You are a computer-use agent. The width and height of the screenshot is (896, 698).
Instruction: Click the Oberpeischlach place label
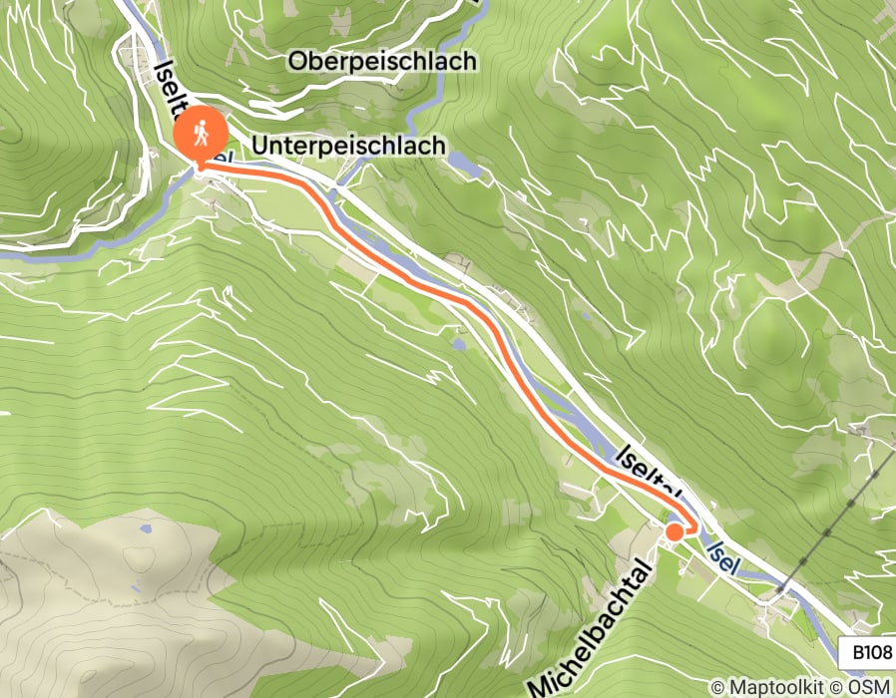tap(382, 62)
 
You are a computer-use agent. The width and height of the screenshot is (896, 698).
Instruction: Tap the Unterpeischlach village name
tap(349, 146)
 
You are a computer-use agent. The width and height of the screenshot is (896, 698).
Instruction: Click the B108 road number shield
tap(871, 653)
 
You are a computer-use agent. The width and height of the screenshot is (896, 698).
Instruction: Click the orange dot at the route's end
tap(674, 531)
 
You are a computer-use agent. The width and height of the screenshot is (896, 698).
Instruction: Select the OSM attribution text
tap(868, 687)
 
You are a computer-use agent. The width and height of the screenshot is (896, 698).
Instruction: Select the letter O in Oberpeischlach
tap(297, 62)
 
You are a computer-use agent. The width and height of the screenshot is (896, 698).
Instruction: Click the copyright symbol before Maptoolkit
tap(717, 687)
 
